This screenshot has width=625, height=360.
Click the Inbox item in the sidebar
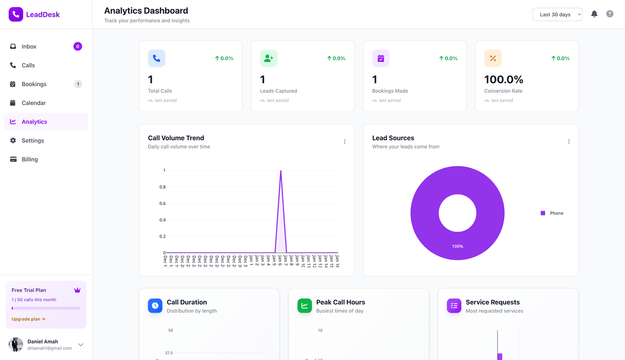(x=29, y=46)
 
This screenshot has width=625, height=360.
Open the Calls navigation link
(x=28, y=65)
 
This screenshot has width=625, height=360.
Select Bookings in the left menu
(x=34, y=84)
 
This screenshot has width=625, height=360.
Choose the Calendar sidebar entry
(x=34, y=103)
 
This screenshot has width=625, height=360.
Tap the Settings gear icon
(x=13, y=141)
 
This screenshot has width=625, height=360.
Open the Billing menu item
(x=30, y=159)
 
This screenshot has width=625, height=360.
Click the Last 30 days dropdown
(x=557, y=14)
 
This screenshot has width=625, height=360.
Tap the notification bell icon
(x=594, y=14)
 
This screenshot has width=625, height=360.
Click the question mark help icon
(x=609, y=14)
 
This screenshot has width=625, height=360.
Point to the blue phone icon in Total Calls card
(x=156, y=58)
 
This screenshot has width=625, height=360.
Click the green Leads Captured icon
(x=269, y=58)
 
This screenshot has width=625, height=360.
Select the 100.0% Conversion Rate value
(x=503, y=79)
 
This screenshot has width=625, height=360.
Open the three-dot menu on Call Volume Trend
(x=344, y=142)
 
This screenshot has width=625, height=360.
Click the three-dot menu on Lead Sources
(x=568, y=142)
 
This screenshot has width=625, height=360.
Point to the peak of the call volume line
(x=281, y=171)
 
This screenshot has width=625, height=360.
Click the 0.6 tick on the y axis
(x=163, y=204)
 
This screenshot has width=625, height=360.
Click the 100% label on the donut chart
(x=457, y=247)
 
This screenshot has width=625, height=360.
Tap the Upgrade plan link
(x=28, y=319)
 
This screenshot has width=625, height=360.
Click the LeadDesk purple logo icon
(x=16, y=14)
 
